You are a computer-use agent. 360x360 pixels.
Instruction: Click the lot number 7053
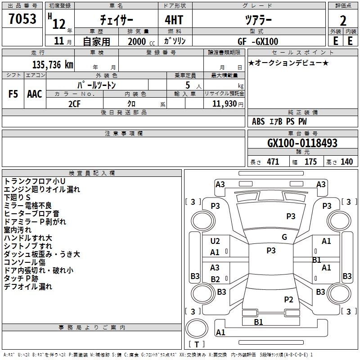(22, 18)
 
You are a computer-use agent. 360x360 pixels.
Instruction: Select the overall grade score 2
(343, 21)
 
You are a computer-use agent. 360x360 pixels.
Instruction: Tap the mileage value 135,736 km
(53, 65)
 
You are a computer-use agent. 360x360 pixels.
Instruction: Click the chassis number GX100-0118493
(302, 143)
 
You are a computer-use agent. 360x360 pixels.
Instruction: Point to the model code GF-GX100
(258, 41)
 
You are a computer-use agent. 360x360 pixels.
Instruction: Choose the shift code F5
(13, 94)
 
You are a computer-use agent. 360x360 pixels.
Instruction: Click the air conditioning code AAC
(35, 94)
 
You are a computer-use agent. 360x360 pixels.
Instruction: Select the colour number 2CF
(74, 104)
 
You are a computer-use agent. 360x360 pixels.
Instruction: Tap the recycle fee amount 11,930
(225, 104)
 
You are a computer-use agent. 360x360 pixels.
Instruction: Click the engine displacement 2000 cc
(141, 41)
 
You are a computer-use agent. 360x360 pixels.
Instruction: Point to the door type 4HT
(174, 20)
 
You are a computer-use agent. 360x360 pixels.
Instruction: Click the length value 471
(273, 162)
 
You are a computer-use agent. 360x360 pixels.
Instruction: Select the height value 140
(346, 162)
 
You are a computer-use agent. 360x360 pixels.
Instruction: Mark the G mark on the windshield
(284, 237)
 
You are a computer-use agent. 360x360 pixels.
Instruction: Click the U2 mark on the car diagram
(215, 241)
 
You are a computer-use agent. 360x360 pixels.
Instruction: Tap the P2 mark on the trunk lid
(288, 299)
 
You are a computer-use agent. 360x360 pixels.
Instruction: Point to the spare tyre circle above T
(197, 328)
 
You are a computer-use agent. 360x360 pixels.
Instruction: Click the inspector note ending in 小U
(35, 181)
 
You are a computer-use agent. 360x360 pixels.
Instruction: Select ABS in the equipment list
(258, 121)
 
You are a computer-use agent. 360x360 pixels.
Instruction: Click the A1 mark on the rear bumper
(220, 332)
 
